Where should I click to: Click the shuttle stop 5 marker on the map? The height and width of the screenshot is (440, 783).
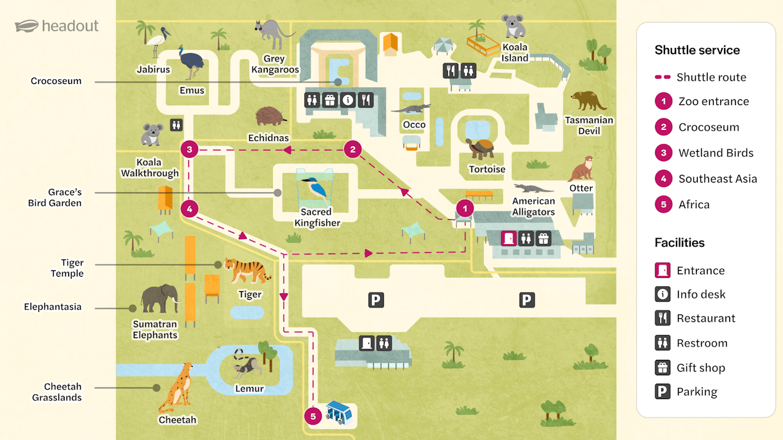[313, 416]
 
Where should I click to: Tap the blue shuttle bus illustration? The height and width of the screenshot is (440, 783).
[338, 413]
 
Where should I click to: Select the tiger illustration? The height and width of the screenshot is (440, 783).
[247, 270]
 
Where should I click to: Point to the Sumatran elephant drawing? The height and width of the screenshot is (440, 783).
[160, 298]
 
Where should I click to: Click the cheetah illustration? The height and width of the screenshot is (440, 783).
[177, 388]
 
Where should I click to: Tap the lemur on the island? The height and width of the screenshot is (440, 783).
[247, 365]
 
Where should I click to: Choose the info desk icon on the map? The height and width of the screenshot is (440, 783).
[348, 101]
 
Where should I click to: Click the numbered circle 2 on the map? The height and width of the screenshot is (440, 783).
[352, 150]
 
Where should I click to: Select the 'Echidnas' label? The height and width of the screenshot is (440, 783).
[268, 138]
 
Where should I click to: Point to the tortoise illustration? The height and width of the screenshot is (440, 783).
[481, 149]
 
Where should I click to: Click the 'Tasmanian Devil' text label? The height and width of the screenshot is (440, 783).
[589, 126]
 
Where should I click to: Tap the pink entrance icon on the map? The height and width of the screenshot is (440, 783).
[509, 239]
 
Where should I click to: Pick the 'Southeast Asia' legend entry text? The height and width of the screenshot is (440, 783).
[718, 179]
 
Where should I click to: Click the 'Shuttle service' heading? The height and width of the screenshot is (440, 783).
[697, 50]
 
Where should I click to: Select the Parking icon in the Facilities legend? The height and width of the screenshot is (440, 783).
[663, 391]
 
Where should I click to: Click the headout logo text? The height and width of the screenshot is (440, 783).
[70, 26]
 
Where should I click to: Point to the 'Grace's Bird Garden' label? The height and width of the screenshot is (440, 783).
[55, 197]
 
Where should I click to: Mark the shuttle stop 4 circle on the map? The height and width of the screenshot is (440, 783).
[189, 209]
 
